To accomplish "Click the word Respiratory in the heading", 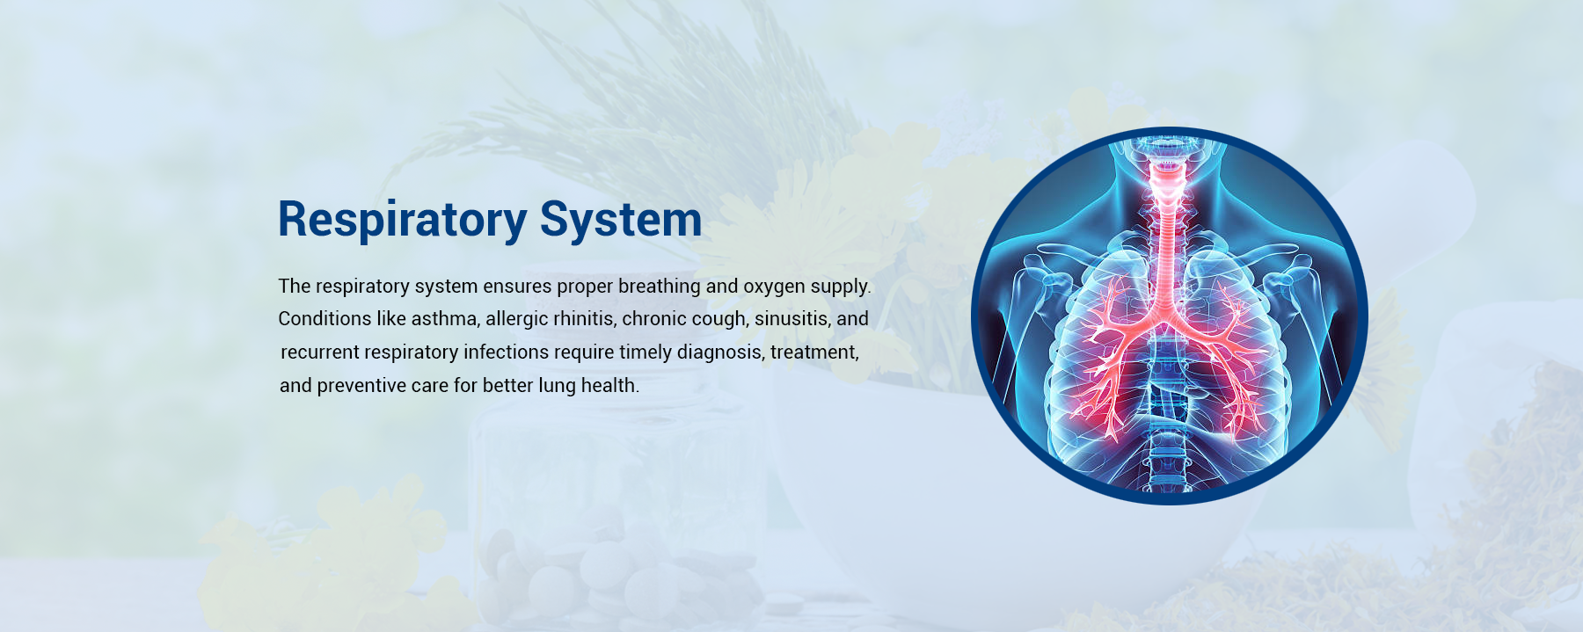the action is click(402, 220).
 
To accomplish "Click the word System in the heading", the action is click(621, 220).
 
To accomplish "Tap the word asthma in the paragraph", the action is click(444, 319).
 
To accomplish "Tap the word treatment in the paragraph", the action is click(814, 352).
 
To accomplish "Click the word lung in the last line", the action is click(557, 386).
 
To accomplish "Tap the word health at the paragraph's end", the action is click(610, 386).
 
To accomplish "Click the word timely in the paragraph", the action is click(645, 352).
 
